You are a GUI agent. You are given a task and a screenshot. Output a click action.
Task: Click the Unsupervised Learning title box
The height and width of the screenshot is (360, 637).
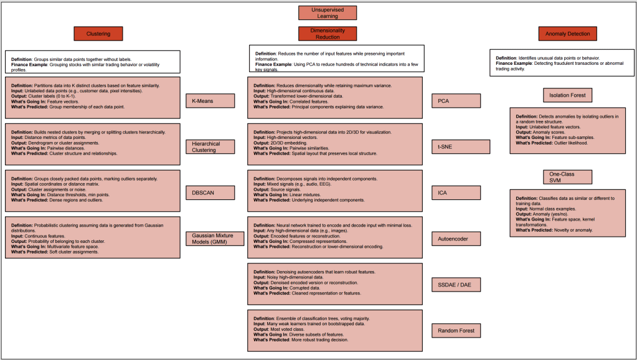point(318,12)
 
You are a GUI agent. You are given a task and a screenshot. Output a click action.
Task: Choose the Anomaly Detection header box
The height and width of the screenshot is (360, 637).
point(567,34)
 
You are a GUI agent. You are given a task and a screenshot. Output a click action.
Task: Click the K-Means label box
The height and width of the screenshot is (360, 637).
point(210,100)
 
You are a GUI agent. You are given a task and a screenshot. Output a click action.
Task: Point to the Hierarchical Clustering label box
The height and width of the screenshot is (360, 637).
point(210,146)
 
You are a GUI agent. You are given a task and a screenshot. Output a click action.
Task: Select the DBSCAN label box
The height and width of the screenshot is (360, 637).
point(210,192)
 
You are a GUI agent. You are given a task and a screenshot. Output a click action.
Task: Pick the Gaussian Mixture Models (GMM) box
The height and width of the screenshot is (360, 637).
point(210,238)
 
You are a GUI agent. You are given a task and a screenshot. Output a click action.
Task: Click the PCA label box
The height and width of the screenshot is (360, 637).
point(456,100)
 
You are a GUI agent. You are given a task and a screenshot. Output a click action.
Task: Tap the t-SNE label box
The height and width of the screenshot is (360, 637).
point(456,146)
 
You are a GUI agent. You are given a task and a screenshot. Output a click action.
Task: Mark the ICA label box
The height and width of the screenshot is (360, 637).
point(456,192)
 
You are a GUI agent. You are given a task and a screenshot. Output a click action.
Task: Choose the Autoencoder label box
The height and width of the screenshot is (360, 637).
point(456,238)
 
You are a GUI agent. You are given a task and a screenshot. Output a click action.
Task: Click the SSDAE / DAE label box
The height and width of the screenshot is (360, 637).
point(456,285)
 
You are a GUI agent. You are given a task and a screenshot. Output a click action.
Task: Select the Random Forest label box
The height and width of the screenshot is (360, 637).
point(456,330)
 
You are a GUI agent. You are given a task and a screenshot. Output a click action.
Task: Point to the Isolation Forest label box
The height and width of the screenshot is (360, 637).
point(567,95)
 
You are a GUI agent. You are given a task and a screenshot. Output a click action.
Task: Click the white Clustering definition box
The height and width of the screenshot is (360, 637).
point(92,62)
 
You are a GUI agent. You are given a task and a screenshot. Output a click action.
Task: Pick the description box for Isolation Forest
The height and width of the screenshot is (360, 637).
point(567,130)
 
